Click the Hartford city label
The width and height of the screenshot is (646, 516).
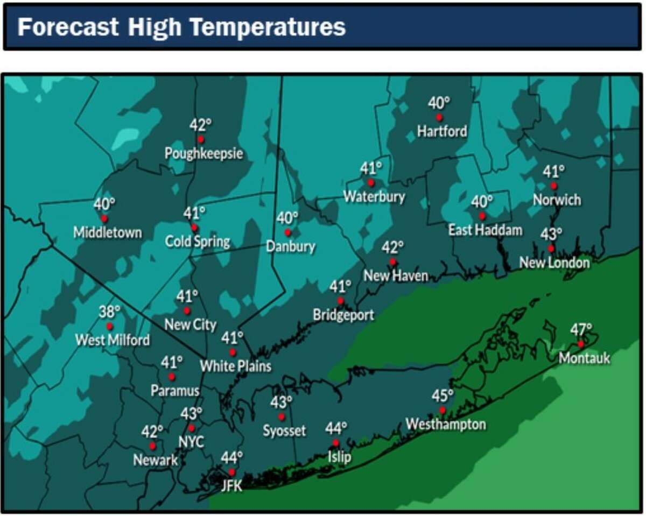point(443,131)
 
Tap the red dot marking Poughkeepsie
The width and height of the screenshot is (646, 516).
point(201,139)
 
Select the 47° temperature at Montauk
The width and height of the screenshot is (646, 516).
point(581,329)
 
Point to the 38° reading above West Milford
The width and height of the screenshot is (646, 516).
point(109,312)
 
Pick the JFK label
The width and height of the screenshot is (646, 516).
point(231,486)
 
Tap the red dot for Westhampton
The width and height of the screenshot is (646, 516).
point(443,410)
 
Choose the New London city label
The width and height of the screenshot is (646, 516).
point(554,263)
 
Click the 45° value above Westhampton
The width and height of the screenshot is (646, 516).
point(443,396)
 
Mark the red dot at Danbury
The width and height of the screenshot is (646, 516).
point(287,232)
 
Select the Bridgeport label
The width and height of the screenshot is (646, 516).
point(343,315)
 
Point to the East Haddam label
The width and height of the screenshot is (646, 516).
point(486,230)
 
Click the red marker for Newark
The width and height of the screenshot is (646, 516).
point(153,446)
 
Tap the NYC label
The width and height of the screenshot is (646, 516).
point(192,442)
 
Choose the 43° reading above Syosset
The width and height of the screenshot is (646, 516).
point(280,402)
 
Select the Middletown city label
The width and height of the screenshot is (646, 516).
point(108,232)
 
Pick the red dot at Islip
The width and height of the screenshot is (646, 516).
point(336,443)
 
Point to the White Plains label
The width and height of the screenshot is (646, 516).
point(235,366)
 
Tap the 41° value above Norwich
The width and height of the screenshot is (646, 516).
point(553,172)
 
